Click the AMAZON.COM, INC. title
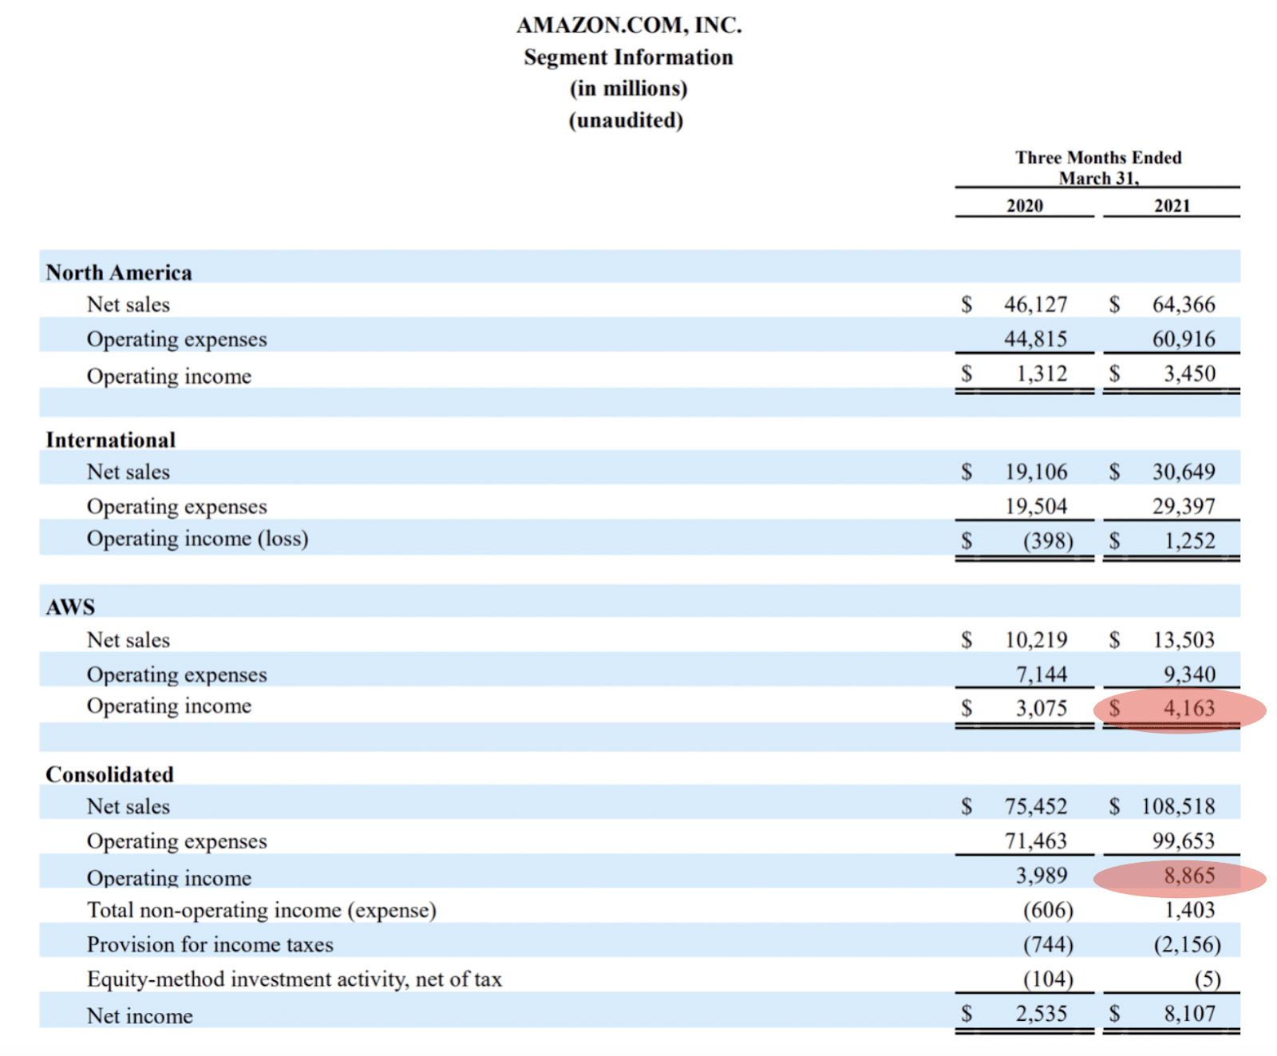(629, 26)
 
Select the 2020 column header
(1024, 206)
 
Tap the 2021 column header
(1172, 206)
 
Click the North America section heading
(119, 273)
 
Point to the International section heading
(110, 440)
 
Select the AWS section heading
(70, 607)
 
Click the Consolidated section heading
(109, 774)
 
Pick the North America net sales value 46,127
(1035, 304)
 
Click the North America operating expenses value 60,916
(1184, 339)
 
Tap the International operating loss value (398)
(1048, 541)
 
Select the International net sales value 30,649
(1184, 472)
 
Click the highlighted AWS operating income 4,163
(1188, 708)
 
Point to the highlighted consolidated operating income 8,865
(1188, 876)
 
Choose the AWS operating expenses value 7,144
(1041, 674)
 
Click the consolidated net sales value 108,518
(1178, 806)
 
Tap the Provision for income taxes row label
(210, 945)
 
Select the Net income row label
(140, 1016)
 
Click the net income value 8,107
(1189, 1014)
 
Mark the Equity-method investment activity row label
(295, 979)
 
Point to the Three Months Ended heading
(1098, 157)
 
